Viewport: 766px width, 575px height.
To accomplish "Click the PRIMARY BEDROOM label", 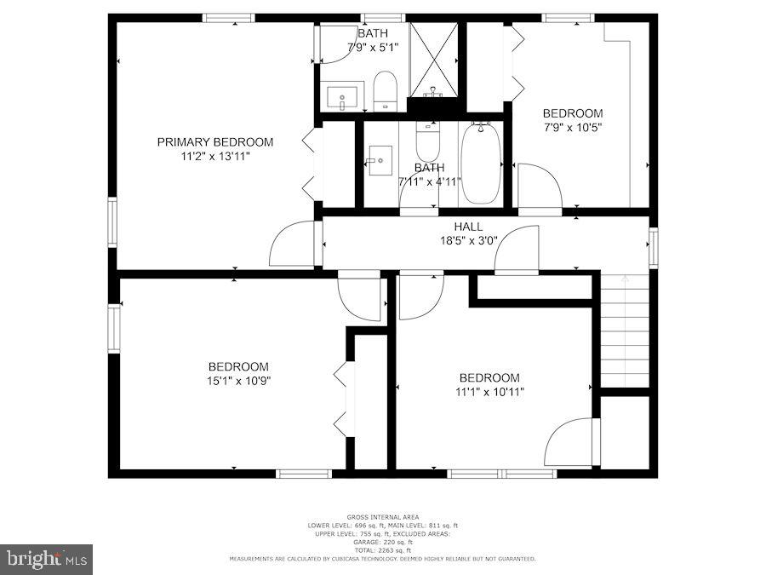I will tap(214, 142).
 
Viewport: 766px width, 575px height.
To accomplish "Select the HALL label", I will tap(467, 227).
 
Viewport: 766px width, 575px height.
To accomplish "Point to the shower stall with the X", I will tap(433, 60).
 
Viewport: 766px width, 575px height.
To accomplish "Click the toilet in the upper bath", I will tap(386, 90).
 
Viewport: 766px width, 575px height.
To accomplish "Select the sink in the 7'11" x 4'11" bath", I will tap(379, 160).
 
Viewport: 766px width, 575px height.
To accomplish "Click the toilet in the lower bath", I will tap(427, 141).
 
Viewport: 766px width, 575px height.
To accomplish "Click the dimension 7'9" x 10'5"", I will tap(573, 128).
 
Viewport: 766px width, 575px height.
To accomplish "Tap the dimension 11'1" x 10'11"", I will tap(489, 393).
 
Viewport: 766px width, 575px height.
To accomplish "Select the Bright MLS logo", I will tap(46, 559).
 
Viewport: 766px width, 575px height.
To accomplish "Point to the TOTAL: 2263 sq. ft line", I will tap(382, 549).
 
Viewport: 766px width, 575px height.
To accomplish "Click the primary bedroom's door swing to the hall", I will tap(294, 244).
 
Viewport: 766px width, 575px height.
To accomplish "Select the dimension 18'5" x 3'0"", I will tap(467, 240).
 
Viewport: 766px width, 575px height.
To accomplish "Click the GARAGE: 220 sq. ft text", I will tap(382, 542).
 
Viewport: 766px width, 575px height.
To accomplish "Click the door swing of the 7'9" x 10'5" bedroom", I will tap(539, 187).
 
